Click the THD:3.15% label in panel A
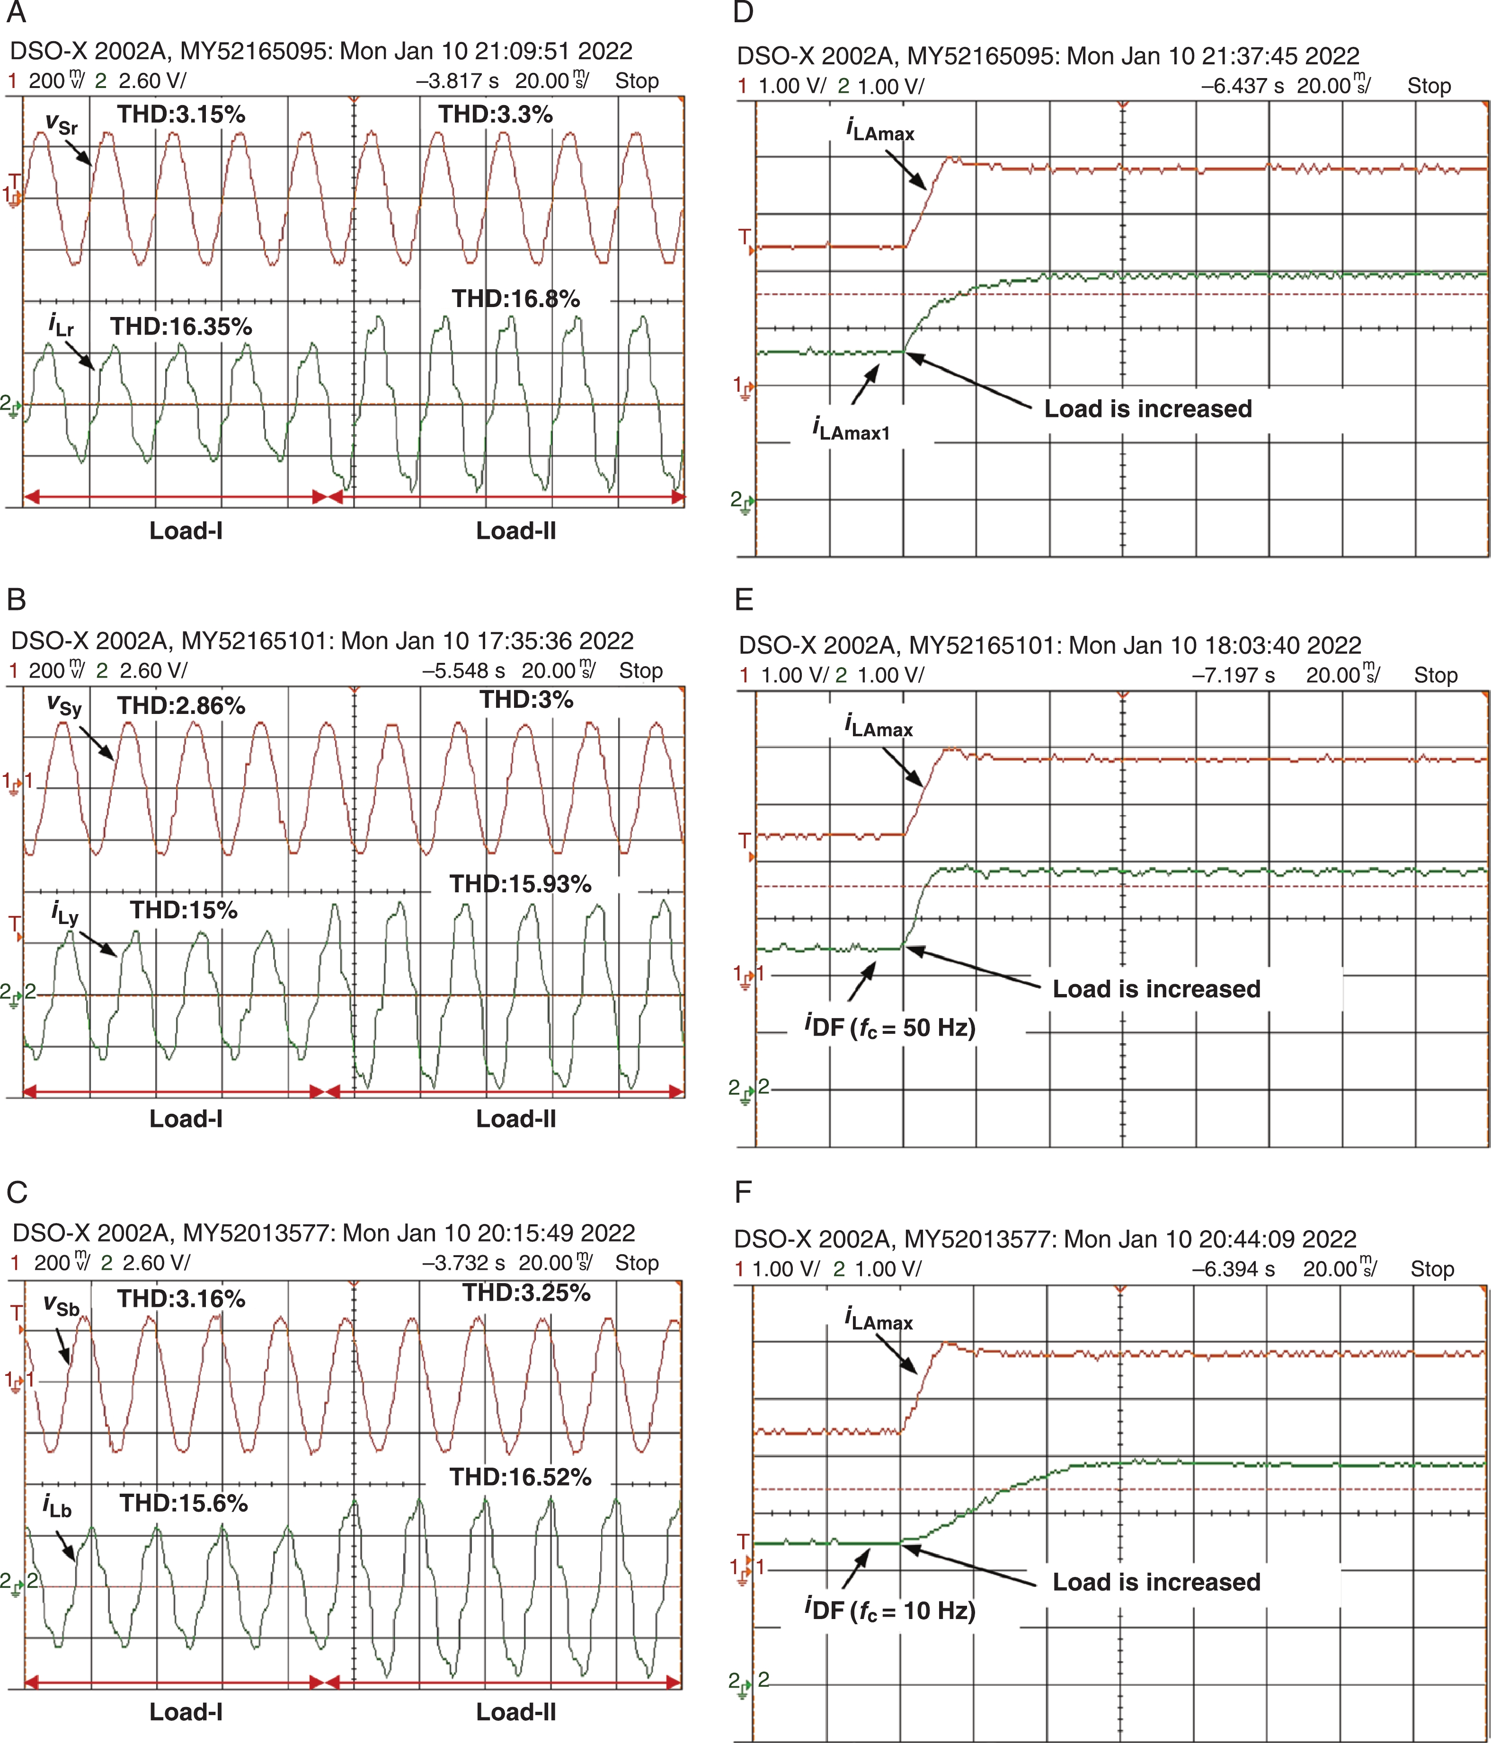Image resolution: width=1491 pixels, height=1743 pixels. click(181, 114)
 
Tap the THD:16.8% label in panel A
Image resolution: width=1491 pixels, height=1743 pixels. click(516, 299)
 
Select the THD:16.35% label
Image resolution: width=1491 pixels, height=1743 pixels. click(181, 326)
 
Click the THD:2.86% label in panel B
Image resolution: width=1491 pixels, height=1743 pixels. click(181, 706)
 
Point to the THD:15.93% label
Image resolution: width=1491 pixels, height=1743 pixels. click(520, 884)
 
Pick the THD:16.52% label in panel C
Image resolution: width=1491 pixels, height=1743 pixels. click(520, 1477)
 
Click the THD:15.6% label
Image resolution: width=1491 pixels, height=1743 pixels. click(184, 1503)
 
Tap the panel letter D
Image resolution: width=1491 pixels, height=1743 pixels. click(743, 13)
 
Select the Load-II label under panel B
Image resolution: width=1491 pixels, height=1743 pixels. click(516, 1119)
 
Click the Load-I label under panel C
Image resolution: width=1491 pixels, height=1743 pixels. click(186, 1712)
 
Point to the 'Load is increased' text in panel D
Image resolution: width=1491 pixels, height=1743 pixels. click(1148, 409)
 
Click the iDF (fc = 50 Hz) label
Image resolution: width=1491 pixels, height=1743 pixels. click(889, 1026)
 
